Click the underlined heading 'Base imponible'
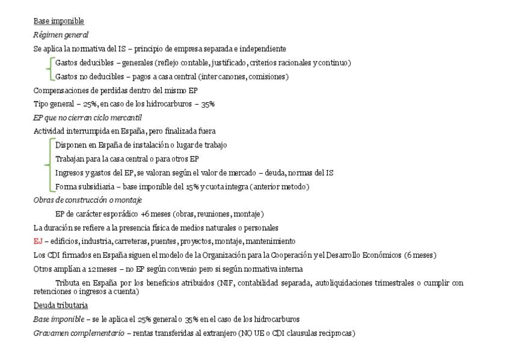pyautogui.click(x=59, y=21)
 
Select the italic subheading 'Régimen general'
pyautogui.click(x=61, y=35)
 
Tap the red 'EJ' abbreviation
pyautogui.click(x=38, y=241)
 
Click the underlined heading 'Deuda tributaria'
pyautogui.click(x=60, y=305)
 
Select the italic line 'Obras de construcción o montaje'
pyautogui.click(x=87, y=200)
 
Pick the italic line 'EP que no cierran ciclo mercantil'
pyautogui.click(x=87, y=117)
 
